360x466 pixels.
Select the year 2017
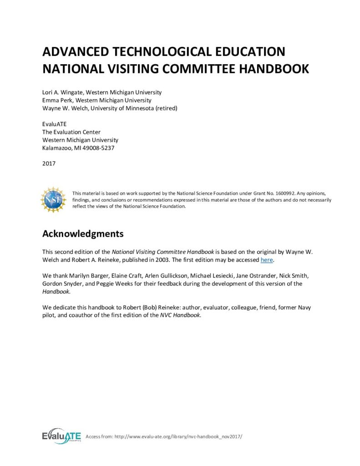pyautogui.click(x=49, y=163)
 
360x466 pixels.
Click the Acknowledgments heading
pyautogui.click(x=83, y=234)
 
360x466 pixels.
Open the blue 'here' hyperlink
pyautogui.click(x=266, y=260)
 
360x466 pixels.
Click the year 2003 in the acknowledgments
pyautogui.click(x=194, y=260)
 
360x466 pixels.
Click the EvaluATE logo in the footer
pyautogui.click(x=61, y=436)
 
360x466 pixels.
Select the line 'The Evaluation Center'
pyautogui.click(x=71, y=132)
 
